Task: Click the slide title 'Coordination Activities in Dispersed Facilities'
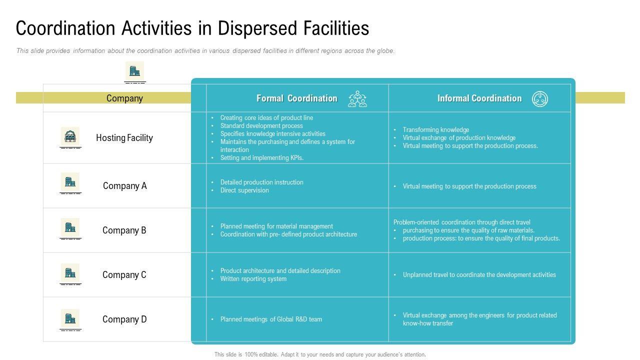(192, 28)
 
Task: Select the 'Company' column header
(124, 98)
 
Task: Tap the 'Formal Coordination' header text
(297, 98)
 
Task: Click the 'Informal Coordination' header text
(479, 98)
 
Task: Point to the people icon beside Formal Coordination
(357, 99)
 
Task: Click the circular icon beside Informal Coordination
(540, 99)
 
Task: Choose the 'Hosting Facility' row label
(124, 138)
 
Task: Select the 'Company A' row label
(125, 186)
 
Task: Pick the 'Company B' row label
(124, 230)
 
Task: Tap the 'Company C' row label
(124, 275)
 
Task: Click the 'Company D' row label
(124, 319)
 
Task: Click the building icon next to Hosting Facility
(70, 136)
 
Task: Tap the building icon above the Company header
(134, 71)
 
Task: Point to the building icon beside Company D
(70, 318)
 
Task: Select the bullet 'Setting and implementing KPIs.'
(262, 158)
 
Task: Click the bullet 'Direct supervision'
(244, 190)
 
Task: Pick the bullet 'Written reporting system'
(253, 279)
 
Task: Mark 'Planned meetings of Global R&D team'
(271, 319)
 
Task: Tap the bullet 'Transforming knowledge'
(436, 130)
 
